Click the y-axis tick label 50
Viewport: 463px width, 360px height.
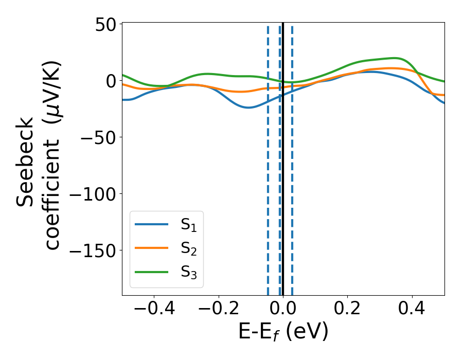(106, 24)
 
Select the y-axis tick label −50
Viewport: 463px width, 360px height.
(99, 137)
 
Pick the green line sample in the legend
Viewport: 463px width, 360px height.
(152, 271)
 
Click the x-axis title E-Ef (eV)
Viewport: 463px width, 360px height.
(283, 332)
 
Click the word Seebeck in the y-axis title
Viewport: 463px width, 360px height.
(26, 162)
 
